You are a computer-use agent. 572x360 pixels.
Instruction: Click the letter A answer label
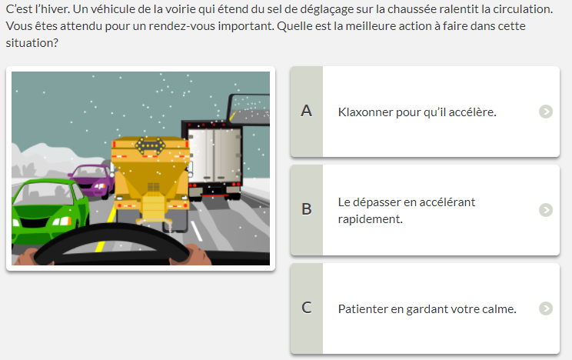point(307,111)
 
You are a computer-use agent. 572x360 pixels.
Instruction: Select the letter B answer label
point(307,209)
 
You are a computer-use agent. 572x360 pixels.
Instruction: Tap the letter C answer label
point(307,308)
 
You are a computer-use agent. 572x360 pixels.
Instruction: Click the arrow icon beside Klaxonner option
point(546,112)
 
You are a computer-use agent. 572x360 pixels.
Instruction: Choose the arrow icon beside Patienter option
point(546,308)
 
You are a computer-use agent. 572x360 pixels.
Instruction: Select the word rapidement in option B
point(371,219)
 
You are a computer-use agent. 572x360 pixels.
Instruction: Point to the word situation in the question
point(32,43)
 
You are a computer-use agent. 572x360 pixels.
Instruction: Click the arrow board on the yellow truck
point(150,145)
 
